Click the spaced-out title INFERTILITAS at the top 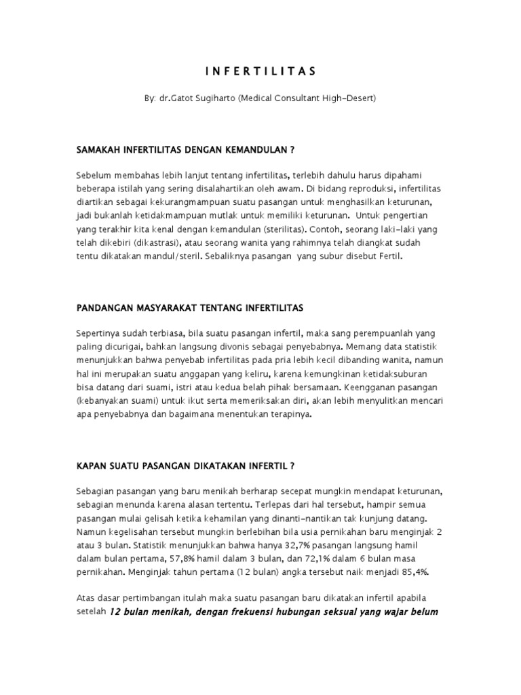(x=260, y=70)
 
